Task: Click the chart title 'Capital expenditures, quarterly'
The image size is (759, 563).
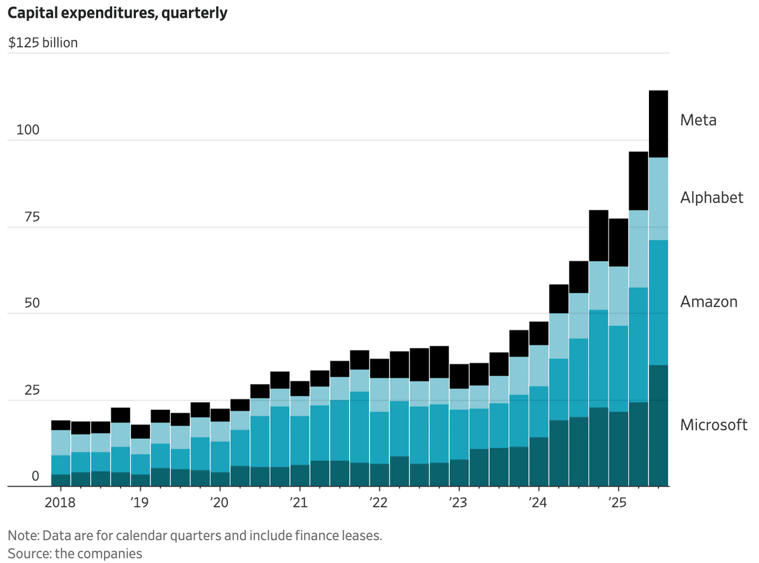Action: pyautogui.click(x=118, y=13)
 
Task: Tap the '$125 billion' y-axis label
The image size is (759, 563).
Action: pyautogui.click(x=43, y=44)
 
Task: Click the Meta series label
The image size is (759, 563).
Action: pyautogui.click(x=698, y=120)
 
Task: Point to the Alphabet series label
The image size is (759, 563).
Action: pyautogui.click(x=712, y=198)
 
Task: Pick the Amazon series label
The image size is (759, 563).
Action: pyautogui.click(x=708, y=302)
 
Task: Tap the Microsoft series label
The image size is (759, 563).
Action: pyautogui.click(x=713, y=424)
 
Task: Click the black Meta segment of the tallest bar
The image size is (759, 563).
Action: pyautogui.click(x=658, y=124)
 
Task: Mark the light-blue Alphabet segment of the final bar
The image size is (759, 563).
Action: pyautogui.click(x=658, y=199)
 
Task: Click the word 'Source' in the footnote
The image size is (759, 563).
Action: pyautogui.click(x=26, y=554)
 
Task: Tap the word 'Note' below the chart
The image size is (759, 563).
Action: pyautogui.click(x=22, y=535)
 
